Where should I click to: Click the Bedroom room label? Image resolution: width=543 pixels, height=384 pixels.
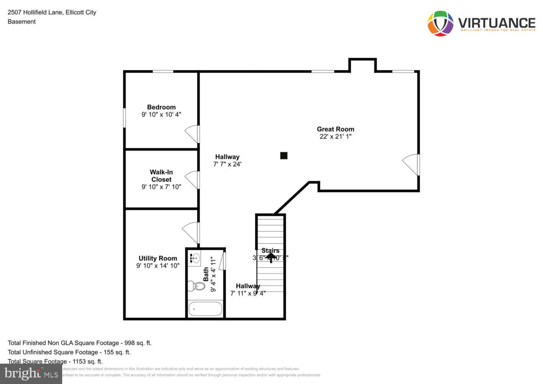[x=161, y=107]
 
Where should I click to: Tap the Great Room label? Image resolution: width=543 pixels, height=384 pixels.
[x=335, y=129]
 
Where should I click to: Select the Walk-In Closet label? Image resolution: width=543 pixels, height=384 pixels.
[x=161, y=176]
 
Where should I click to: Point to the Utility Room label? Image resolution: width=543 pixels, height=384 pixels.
[x=158, y=258]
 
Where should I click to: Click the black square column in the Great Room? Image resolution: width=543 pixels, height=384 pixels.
[x=284, y=156]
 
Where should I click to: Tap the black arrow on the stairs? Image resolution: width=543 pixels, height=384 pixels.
[x=271, y=257]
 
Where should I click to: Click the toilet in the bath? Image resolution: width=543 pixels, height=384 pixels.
[x=196, y=286]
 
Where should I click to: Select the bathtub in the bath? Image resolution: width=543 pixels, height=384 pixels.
[x=205, y=309]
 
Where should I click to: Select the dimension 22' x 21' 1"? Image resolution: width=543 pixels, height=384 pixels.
[x=335, y=136]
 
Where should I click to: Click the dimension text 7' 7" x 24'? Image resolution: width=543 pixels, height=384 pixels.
[x=227, y=164]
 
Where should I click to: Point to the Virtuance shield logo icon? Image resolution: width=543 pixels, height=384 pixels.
[x=441, y=23]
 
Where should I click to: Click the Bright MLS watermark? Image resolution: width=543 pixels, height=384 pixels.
[x=31, y=374]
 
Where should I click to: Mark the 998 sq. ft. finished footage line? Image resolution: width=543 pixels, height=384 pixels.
[x=80, y=343]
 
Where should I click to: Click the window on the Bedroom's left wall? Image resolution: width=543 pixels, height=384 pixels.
[x=124, y=118]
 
